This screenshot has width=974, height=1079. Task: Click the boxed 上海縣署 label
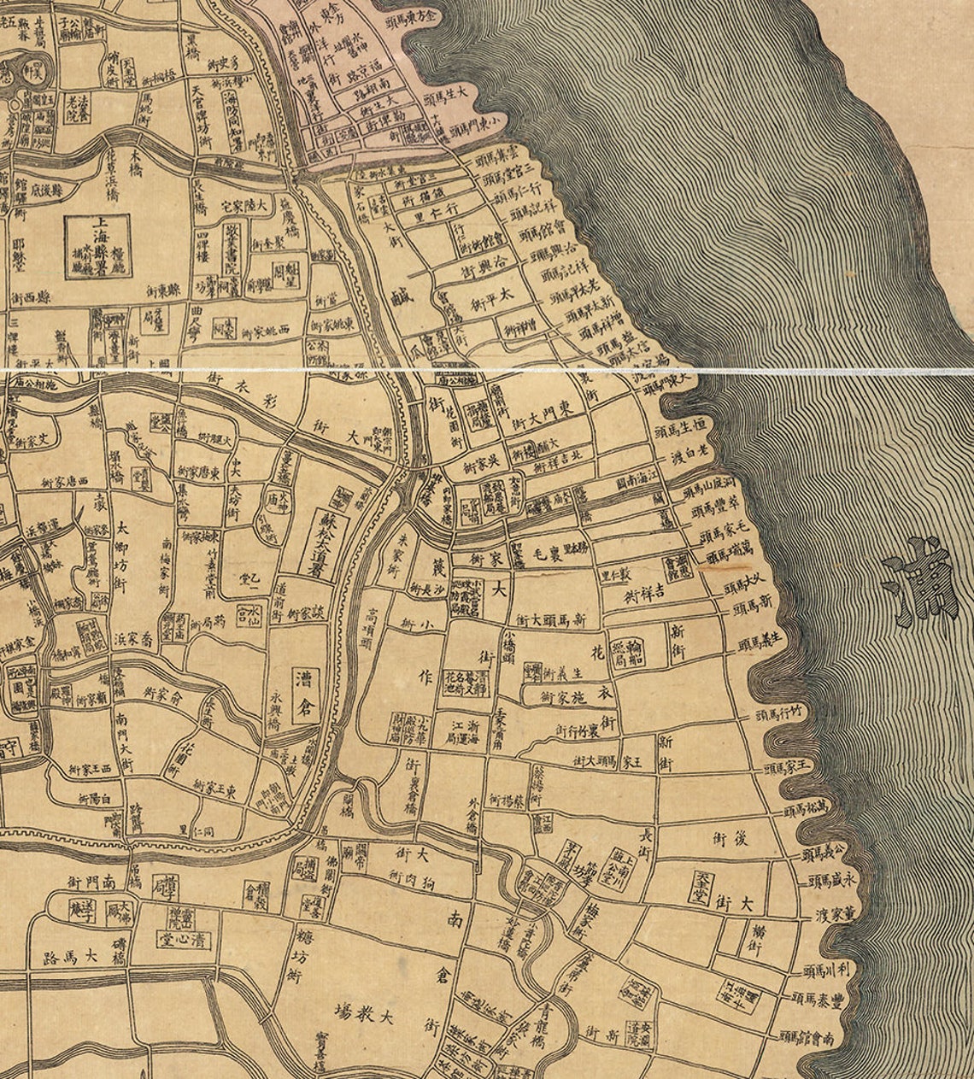(98, 246)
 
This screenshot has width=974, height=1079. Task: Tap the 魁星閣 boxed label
(286, 274)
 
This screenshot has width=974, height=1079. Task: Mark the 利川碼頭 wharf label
(829, 970)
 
